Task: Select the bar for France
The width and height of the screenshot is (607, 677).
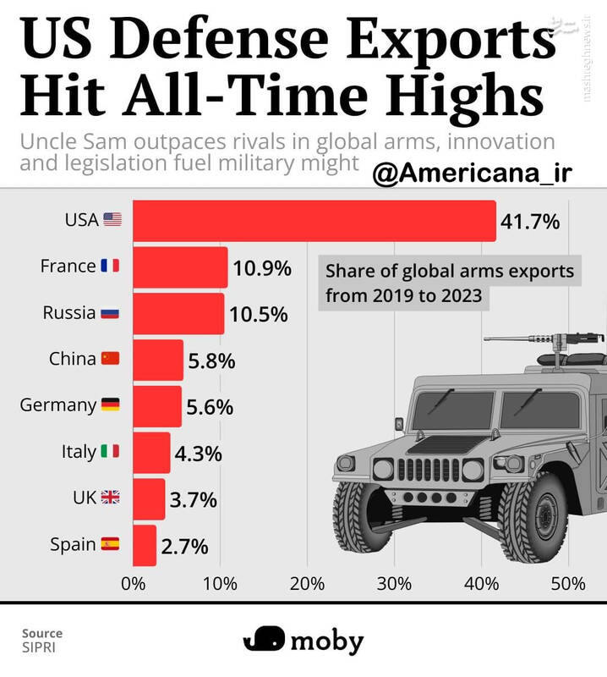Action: [180, 267]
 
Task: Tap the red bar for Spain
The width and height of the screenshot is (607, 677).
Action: [145, 545]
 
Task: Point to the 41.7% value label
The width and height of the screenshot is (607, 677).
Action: [531, 222]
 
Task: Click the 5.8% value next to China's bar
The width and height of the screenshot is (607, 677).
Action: [211, 361]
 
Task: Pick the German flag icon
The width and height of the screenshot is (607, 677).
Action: [110, 405]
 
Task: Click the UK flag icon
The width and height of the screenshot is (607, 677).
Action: [110, 498]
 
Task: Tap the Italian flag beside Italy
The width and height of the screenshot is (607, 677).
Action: [110, 452]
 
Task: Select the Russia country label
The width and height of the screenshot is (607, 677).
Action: [69, 313]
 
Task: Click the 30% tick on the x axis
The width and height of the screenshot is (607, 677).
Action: [394, 584]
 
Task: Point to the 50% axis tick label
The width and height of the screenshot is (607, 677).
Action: [567, 584]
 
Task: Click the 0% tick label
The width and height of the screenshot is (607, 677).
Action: [134, 584]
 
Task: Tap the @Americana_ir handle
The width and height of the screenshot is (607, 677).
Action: [473, 173]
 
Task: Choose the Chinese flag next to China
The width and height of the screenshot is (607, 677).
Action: [110, 359]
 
